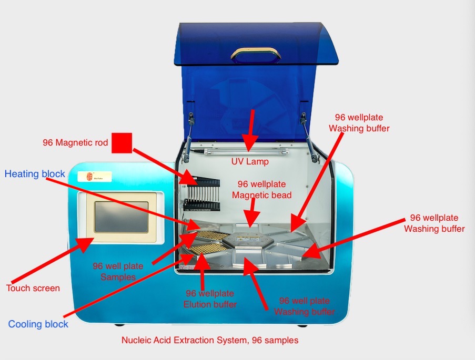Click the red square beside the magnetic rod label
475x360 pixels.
point(122,143)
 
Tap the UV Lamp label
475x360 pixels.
point(250,162)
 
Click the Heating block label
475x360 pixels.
point(35,174)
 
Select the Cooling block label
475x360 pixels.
point(38,324)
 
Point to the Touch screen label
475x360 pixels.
point(33,288)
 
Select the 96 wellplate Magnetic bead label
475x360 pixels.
point(262,190)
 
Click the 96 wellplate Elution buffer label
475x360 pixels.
point(209,299)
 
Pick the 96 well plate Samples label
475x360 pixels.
point(118,271)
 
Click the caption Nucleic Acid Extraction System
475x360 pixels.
point(210,340)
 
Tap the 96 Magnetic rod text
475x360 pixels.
point(75,142)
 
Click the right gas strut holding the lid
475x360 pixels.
point(311,137)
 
